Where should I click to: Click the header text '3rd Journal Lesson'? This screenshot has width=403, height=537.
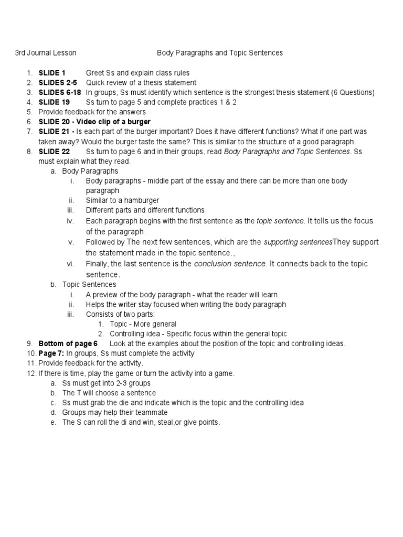[45, 53]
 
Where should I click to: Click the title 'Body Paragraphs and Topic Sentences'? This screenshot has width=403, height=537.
[220, 53]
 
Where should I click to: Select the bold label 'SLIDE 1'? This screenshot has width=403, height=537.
[52, 73]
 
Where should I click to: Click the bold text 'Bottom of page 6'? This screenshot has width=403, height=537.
[68, 343]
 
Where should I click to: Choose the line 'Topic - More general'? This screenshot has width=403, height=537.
[143, 324]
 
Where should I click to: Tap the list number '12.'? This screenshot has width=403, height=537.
[31, 373]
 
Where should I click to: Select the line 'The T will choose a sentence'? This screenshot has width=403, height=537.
[109, 393]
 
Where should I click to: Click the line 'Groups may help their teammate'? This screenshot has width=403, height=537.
[115, 412]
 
